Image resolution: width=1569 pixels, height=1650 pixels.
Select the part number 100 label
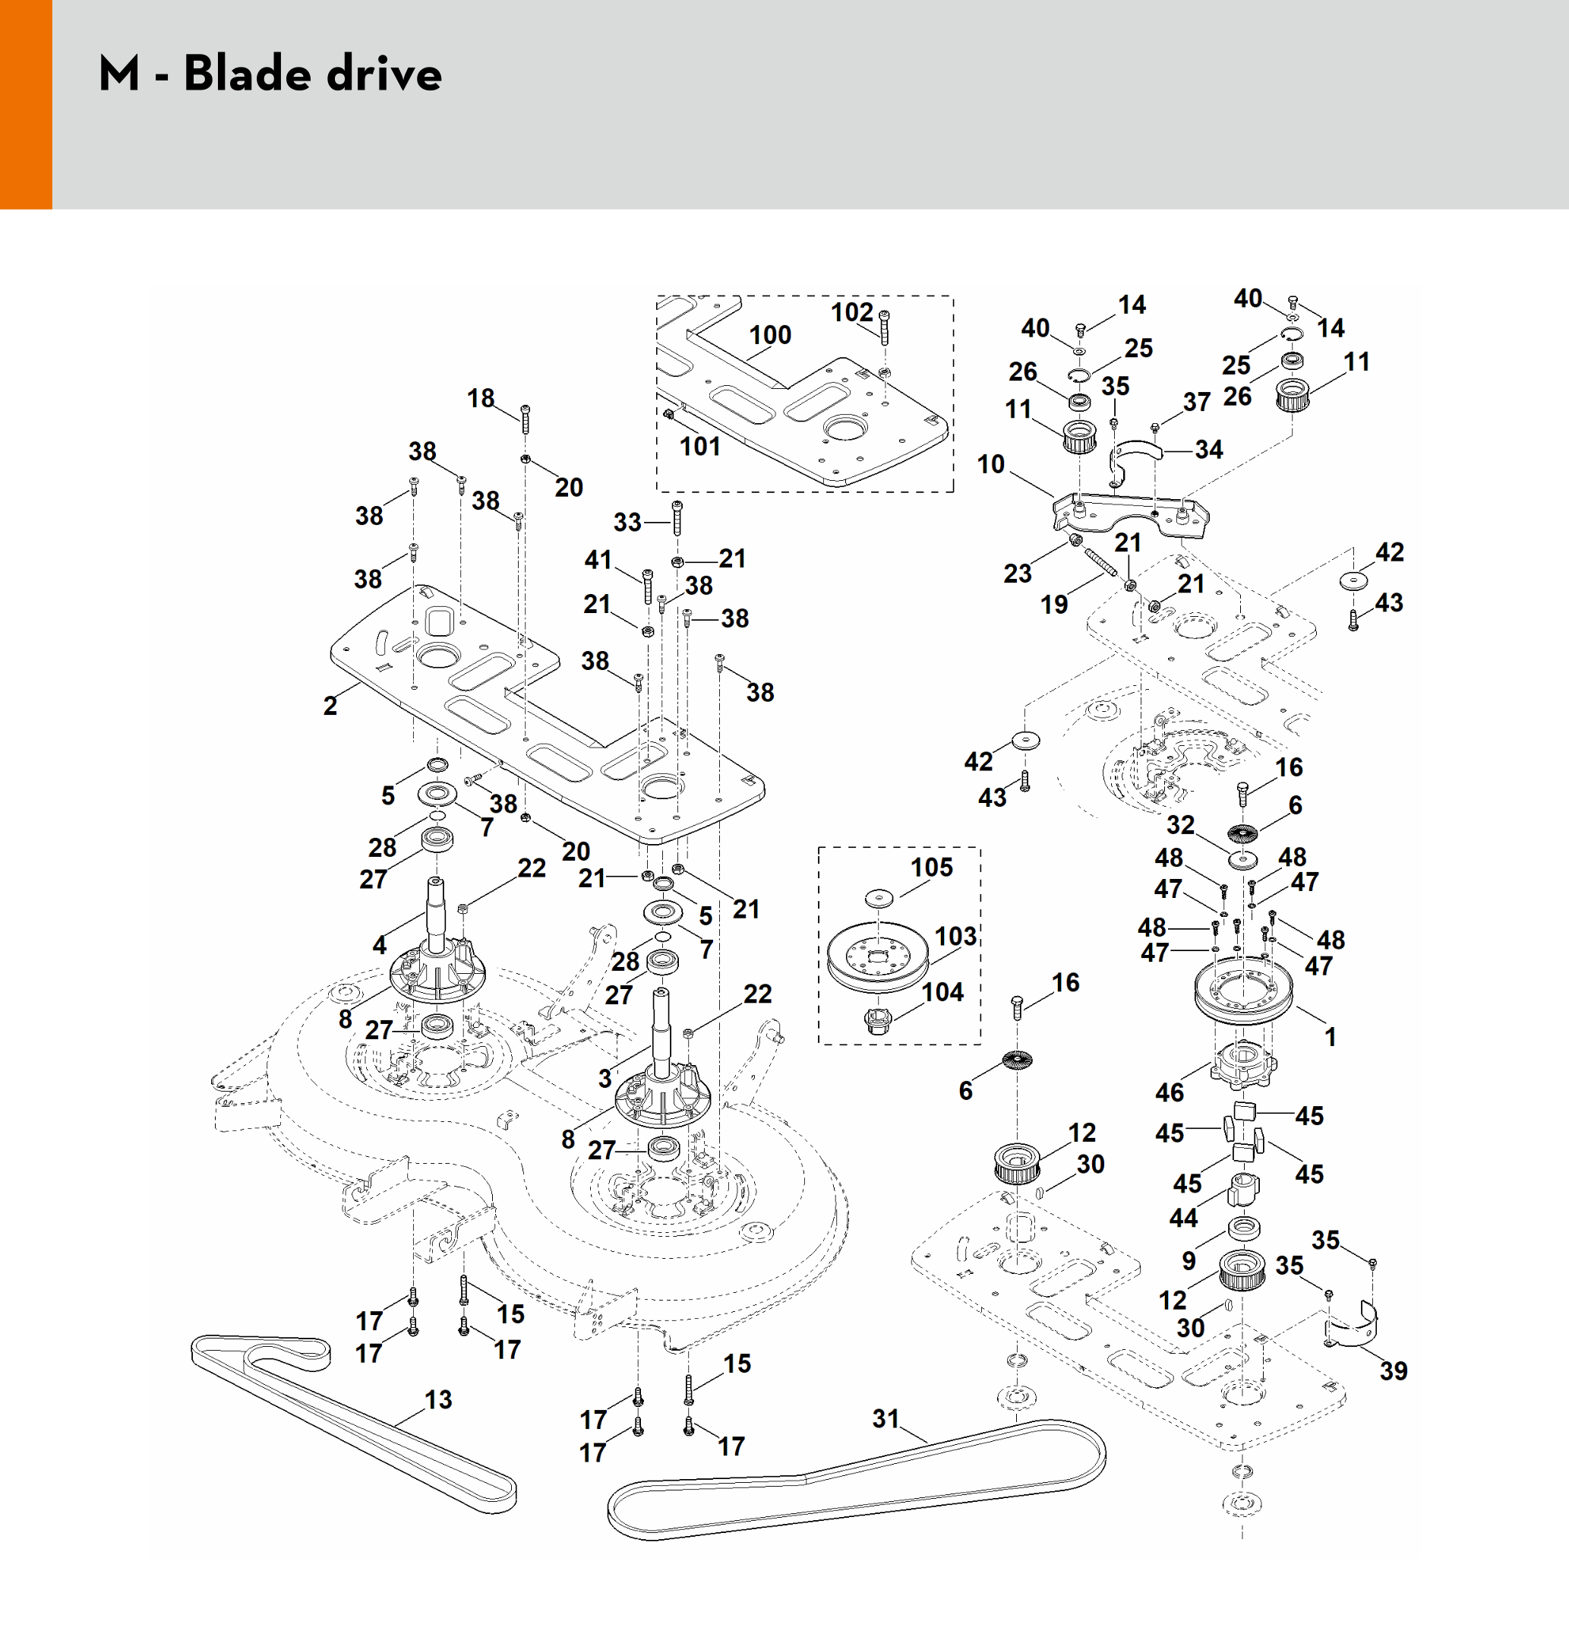769,336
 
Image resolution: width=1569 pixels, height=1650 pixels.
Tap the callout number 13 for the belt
438,1400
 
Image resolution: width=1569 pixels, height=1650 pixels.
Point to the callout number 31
886,1419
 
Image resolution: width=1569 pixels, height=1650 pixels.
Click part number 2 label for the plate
330,705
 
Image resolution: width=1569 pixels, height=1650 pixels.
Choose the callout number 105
932,868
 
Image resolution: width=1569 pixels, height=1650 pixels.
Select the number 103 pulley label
955,936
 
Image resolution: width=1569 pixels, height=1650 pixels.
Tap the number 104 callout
942,992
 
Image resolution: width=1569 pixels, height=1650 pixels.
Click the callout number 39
1394,1370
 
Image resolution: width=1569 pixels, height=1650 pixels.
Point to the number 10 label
991,464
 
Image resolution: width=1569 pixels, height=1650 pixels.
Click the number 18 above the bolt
481,398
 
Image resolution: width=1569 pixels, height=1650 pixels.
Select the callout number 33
627,523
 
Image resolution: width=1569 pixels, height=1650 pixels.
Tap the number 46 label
1170,1092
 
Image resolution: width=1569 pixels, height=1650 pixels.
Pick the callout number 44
1183,1218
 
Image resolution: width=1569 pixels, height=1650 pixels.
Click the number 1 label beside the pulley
1330,1038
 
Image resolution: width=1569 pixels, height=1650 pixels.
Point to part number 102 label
851,312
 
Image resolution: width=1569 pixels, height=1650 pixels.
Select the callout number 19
1054,604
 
